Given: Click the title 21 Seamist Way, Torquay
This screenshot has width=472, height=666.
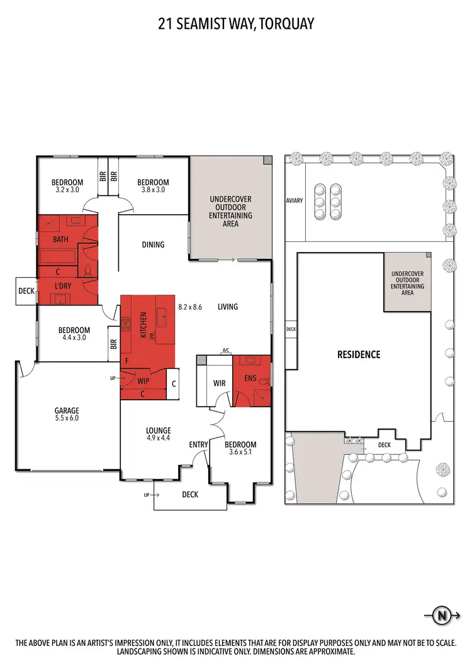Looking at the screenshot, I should pyautogui.click(x=236, y=24).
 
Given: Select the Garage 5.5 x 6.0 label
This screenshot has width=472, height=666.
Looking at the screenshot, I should pyautogui.click(x=66, y=414).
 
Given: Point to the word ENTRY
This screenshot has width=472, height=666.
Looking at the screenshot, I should pyautogui.click(x=198, y=445).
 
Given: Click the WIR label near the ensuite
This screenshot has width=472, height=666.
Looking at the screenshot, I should pyautogui.click(x=220, y=382).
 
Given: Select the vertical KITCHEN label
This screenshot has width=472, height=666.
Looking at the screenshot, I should pyautogui.click(x=143, y=327).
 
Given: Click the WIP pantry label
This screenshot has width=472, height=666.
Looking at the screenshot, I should pyautogui.click(x=144, y=381).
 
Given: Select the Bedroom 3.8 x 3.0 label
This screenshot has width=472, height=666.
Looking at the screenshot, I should pyautogui.click(x=154, y=185).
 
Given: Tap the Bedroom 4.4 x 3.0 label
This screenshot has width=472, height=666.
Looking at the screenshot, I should pyautogui.click(x=74, y=334).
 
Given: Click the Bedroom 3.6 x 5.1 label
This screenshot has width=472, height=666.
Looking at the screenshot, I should pyautogui.click(x=242, y=449).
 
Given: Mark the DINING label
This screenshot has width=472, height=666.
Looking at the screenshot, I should pyautogui.click(x=153, y=244).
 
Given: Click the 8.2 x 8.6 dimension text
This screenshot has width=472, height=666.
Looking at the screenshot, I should pyautogui.click(x=190, y=307).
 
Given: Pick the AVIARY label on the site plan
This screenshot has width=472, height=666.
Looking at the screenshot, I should pyautogui.click(x=295, y=200).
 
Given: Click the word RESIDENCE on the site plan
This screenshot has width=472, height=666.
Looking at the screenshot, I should pyautogui.click(x=359, y=354).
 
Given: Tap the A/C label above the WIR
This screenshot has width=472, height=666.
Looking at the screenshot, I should pyautogui.click(x=225, y=351).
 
